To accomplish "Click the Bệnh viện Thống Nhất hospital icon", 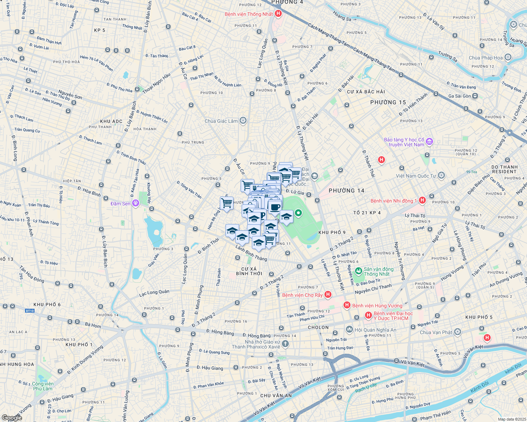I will pos(278,14).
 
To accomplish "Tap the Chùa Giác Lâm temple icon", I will pos(243,121).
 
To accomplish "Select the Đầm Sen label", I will pos(120,204).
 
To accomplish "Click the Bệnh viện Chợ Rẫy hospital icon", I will pos(328,295).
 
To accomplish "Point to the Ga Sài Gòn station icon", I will pos(475,96).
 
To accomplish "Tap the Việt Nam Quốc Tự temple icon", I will pos(441,175).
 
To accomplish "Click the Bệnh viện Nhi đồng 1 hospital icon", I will pos(422,200).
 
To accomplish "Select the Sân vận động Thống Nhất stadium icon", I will pos(359,271).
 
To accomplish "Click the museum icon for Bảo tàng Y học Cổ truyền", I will pos(429,142).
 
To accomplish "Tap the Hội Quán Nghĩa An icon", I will pos(349,330).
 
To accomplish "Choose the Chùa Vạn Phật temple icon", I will pos(457,332).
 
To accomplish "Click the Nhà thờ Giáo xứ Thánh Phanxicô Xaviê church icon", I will pos(285,344).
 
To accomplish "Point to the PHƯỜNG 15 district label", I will pos(388,102).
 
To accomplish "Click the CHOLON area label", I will pos(318,327).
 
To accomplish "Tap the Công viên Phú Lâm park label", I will pos(43,386).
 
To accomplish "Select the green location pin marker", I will pos(298,213).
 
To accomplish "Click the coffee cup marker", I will pos(275,207).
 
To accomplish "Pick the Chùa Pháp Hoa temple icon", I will pos(508,57).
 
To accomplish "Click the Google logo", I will pos(12,417).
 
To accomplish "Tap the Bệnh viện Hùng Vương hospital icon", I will pos(347,305).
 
